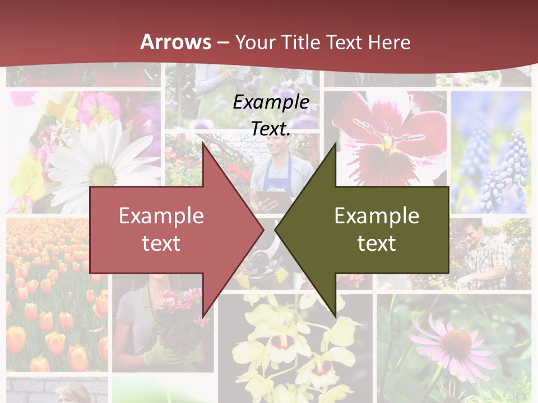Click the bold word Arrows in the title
(x=175, y=42)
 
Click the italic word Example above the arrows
(x=271, y=102)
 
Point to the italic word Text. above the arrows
(x=271, y=128)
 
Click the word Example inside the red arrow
(x=161, y=215)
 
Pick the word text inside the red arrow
(x=161, y=243)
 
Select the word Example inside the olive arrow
(x=377, y=215)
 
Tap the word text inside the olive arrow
(x=377, y=243)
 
